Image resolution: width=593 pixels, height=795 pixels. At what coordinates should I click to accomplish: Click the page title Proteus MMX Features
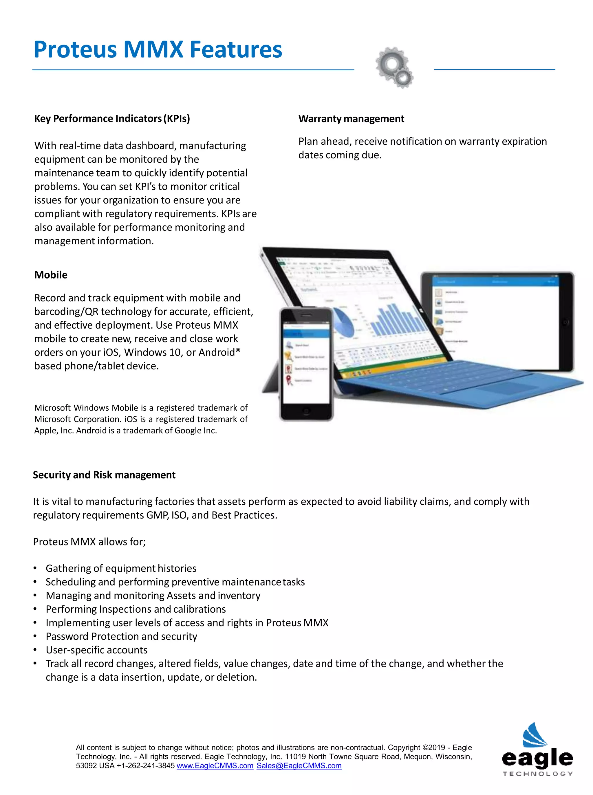click(x=158, y=50)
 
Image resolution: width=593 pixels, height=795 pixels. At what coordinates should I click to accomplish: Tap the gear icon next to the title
click(x=394, y=67)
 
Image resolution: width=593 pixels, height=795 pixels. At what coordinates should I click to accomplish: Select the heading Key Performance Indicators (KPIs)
click(x=112, y=118)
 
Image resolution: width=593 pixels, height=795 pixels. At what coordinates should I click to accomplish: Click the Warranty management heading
click(x=351, y=119)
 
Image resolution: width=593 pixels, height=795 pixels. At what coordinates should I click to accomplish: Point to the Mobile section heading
click(x=51, y=275)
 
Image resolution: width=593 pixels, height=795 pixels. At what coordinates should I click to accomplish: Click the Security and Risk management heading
click(x=104, y=475)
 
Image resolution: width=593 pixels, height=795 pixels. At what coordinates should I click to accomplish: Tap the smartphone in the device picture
click(x=306, y=364)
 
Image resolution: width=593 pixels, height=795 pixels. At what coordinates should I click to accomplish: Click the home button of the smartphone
click(x=306, y=412)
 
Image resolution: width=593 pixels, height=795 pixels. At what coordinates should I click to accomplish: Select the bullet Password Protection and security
click(x=121, y=636)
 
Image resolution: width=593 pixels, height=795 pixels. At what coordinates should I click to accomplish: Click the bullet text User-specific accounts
click(x=96, y=650)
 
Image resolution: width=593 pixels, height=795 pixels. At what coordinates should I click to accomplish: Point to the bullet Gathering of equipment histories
click(x=121, y=569)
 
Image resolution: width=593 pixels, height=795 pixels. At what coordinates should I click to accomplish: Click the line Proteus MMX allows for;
click(x=89, y=542)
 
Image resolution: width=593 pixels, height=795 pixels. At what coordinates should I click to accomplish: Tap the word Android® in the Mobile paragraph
click(x=219, y=352)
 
